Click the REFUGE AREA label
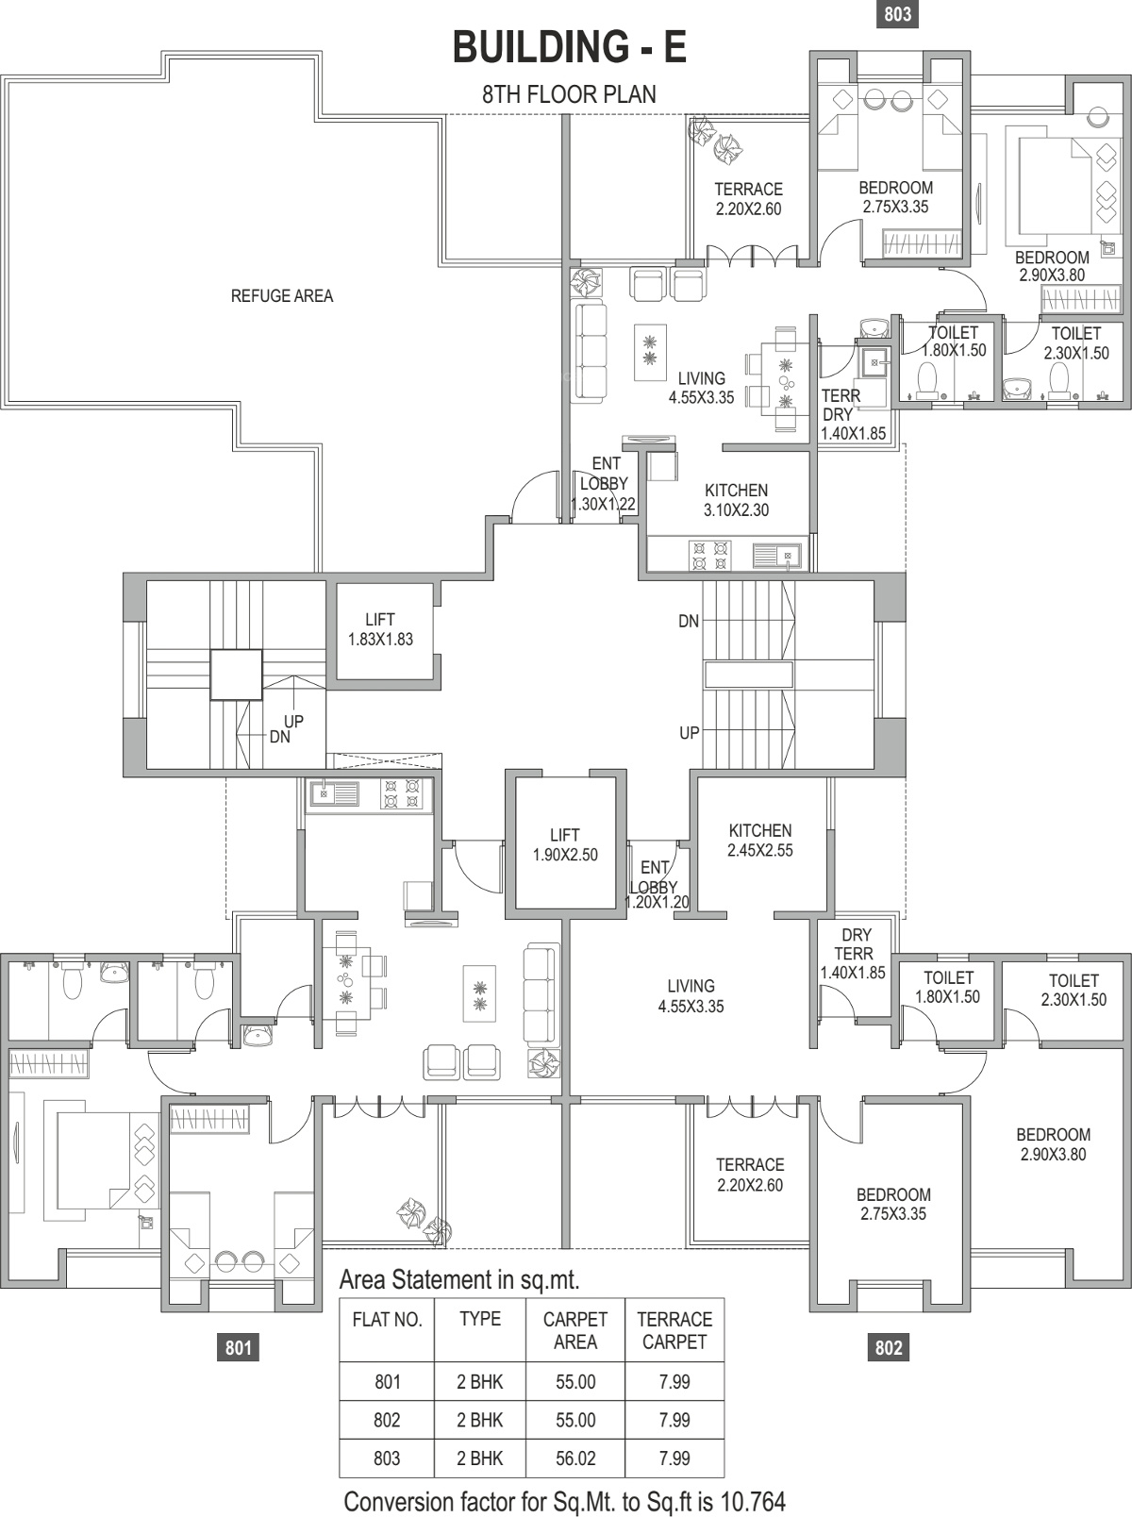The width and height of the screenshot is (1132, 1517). click(x=282, y=296)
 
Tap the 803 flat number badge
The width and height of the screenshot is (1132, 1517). click(x=897, y=14)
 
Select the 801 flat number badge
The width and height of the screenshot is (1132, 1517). click(x=239, y=1348)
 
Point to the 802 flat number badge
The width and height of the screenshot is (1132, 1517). click(x=889, y=1348)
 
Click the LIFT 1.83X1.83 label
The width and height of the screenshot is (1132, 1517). click(x=380, y=629)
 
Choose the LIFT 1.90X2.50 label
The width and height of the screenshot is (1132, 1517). click(x=565, y=844)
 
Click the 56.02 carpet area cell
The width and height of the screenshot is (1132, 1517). click(x=575, y=1459)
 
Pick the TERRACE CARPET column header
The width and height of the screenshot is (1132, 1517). click(x=674, y=1330)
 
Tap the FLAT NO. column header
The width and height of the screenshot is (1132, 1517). click(x=387, y=1320)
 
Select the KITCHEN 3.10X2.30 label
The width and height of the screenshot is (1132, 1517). click(x=736, y=500)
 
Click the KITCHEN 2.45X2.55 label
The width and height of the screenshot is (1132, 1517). click(x=760, y=841)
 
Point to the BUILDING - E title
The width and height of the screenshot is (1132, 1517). click(x=570, y=47)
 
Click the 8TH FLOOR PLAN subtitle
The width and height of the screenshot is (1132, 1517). click(x=570, y=94)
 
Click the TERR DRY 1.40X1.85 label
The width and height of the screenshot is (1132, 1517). click(x=853, y=415)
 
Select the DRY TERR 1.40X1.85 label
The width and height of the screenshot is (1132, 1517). click(x=853, y=954)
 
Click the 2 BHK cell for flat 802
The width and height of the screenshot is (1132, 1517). click(x=479, y=1420)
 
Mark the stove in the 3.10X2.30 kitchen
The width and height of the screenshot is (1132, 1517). click(x=709, y=556)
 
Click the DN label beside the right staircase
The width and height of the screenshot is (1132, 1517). click(x=689, y=622)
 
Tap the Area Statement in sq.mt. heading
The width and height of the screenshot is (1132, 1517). click(x=459, y=1280)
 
